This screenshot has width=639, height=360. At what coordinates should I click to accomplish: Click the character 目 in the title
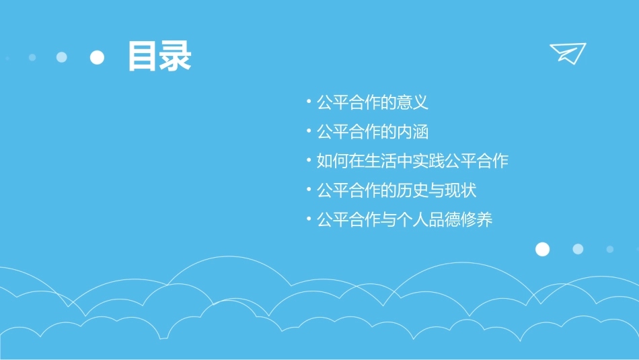coord(143,57)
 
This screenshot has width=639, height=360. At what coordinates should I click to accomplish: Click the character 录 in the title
coord(176,57)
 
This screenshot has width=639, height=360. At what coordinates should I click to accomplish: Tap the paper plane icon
coord(568,52)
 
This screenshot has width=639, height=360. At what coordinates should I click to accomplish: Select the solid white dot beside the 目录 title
coord(98,57)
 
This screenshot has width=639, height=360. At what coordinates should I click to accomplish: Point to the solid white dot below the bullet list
coord(542,250)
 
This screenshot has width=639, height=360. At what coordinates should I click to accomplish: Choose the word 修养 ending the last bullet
coord(477,219)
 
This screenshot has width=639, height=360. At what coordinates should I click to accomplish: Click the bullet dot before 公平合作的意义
coord(308,103)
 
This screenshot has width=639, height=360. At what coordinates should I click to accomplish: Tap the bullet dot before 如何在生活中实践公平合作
coord(308,161)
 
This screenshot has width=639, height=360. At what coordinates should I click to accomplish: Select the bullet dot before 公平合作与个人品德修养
coord(308,219)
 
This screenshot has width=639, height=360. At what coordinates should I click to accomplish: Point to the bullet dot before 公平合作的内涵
coord(308,132)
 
